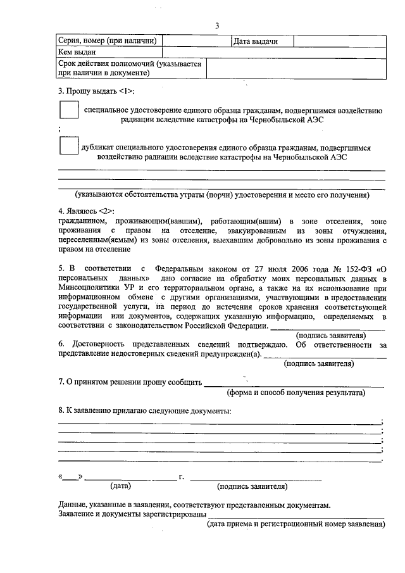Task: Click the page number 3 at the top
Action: (x=216, y=25)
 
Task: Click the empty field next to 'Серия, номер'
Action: (x=196, y=41)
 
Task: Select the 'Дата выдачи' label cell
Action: (x=256, y=41)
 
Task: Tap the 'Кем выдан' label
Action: (x=77, y=53)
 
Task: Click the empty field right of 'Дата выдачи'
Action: (x=339, y=41)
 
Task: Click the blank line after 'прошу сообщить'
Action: (x=294, y=382)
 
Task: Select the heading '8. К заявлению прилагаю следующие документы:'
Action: (x=144, y=411)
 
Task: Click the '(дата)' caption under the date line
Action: (x=120, y=486)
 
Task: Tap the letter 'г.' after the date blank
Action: (x=182, y=476)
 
